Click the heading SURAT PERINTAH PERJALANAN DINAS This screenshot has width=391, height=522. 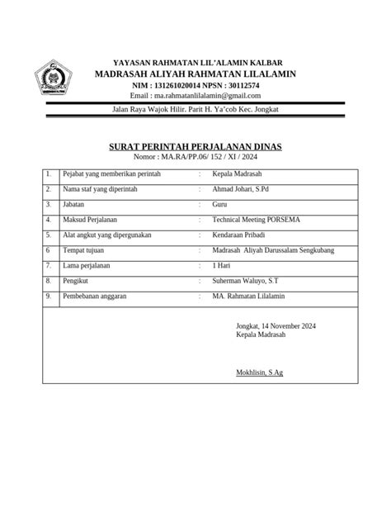pyautogui.click(x=195, y=146)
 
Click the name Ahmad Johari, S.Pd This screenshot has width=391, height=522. pyautogui.click(x=247, y=189)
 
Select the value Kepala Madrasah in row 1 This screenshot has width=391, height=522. pyautogui.click(x=238, y=174)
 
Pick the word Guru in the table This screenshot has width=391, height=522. pyautogui.click(x=220, y=204)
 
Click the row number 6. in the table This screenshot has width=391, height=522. pyautogui.click(x=49, y=250)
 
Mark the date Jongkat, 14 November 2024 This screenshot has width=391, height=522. pyautogui.click(x=276, y=325)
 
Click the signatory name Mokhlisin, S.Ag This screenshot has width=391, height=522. pyautogui.click(x=259, y=373)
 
